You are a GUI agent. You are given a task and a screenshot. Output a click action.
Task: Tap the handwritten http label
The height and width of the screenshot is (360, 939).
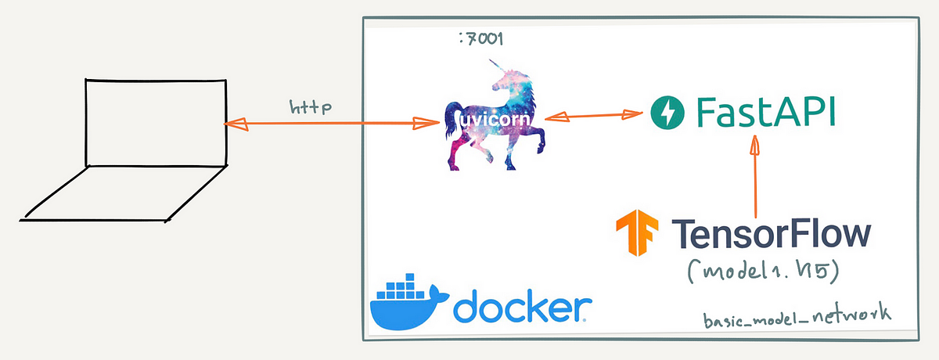click(311, 106)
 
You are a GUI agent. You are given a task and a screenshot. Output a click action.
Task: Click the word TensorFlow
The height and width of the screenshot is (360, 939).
click(771, 234)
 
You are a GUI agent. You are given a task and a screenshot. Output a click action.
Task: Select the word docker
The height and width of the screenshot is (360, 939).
click(520, 307)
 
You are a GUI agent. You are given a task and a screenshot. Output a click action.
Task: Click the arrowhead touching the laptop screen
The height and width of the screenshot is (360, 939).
click(233, 123)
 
